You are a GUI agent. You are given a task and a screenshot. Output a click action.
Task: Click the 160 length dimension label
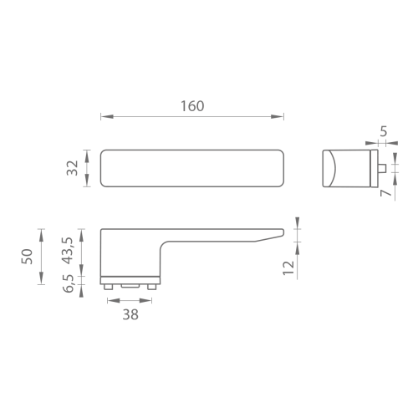click(x=192, y=106)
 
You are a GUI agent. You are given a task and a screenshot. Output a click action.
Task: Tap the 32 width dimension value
click(x=73, y=168)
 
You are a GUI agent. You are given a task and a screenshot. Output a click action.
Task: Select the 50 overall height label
click(x=27, y=257)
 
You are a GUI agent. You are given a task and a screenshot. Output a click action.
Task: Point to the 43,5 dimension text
click(x=67, y=251)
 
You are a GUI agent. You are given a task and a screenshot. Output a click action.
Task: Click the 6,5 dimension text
click(x=69, y=283)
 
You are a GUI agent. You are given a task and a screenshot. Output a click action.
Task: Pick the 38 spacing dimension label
click(x=130, y=315)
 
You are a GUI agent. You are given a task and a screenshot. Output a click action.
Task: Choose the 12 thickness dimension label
click(x=288, y=268)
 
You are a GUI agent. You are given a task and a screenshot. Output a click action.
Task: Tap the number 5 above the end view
click(x=384, y=131)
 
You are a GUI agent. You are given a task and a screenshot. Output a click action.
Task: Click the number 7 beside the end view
click(x=386, y=193)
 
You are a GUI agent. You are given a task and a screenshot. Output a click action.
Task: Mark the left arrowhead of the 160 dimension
click(x=107, y=116)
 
